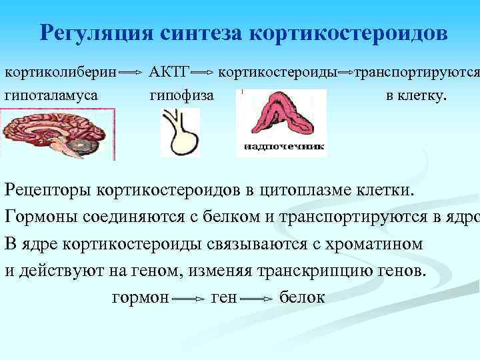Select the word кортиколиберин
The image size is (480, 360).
click(x=61, y=71)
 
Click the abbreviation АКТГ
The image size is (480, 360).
click(x=169, y=71)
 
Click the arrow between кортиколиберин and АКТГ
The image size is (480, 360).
click(x=133, y=71)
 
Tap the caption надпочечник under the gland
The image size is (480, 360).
click(x=283, y=146)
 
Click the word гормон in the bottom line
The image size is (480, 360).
click(x=140, y=297)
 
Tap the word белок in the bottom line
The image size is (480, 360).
click(x=302, y=297)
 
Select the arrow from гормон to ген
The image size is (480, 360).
click(x=189, y=299)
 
